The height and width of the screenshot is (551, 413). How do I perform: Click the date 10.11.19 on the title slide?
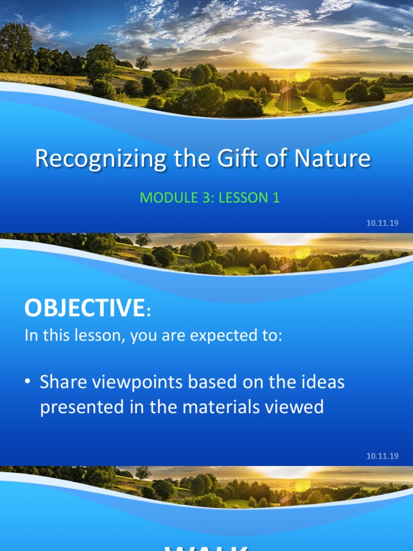coord(382,223)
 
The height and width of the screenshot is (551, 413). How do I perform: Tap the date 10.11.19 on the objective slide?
coord(382,456)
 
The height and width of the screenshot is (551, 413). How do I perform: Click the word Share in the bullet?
coord(61,383)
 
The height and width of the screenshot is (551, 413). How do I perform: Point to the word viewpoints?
coord(132,384)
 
